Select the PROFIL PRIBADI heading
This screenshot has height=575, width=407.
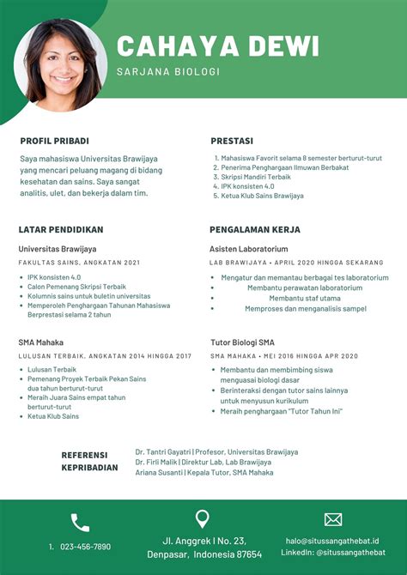point(55,141)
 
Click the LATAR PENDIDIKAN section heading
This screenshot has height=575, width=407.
point(61,230)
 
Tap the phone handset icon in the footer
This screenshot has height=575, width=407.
point(80,522)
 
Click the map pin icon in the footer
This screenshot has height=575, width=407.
point(203,519)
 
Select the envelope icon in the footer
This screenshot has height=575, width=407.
point(333,519)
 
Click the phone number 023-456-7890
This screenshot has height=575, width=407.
point(85,547)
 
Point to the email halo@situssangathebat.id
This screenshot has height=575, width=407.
point(333,541)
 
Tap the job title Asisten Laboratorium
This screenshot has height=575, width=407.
point(249,248)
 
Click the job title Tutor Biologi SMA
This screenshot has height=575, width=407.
point(244,342)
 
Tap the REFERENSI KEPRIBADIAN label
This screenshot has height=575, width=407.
point(88,462)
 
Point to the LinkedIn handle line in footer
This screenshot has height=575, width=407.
point(333,554)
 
